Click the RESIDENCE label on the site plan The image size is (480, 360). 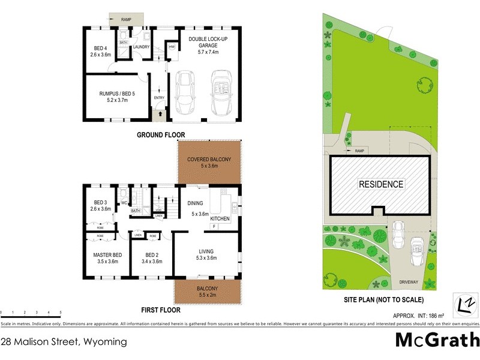point(381,184)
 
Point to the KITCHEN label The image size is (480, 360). point(220,220)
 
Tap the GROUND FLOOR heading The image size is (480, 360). point(161,135)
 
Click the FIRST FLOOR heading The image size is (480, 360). point(161,311)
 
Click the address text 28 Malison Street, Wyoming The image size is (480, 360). point(64,342)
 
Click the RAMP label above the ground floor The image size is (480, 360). point(125,20)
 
